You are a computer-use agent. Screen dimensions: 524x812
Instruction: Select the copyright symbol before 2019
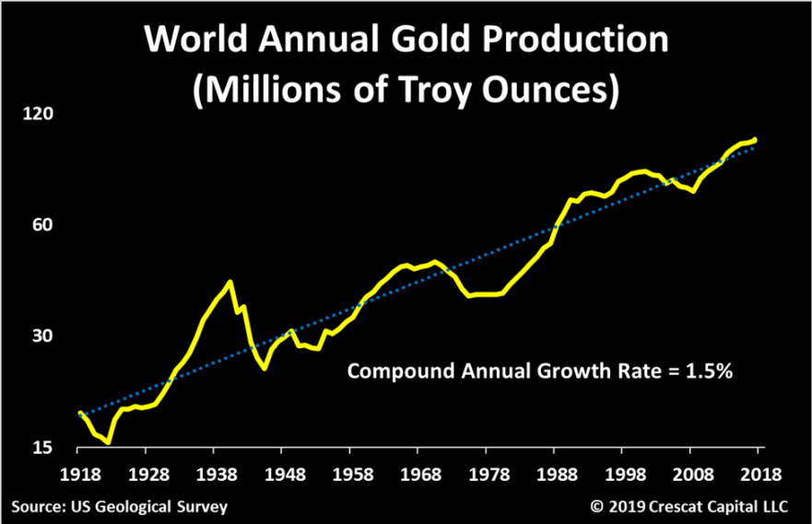595,507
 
